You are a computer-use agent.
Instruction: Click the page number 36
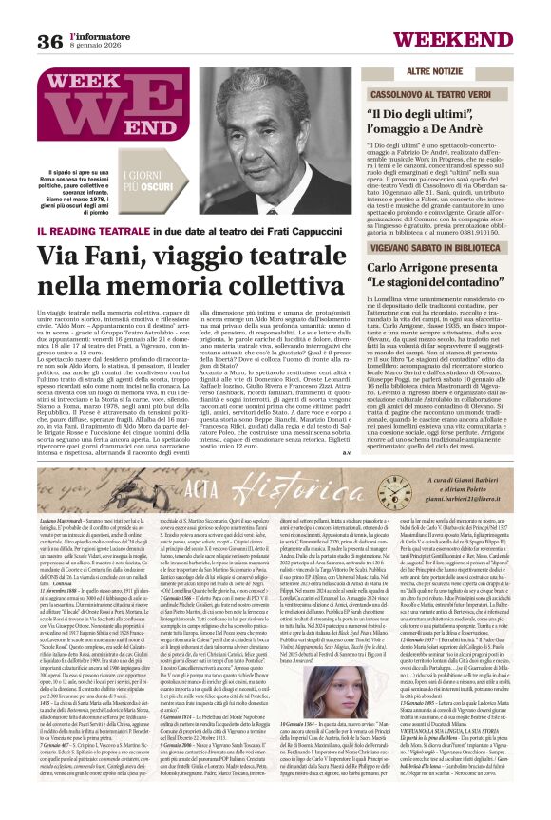tap(49, 41)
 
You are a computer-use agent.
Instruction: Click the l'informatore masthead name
tap(101, 35)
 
